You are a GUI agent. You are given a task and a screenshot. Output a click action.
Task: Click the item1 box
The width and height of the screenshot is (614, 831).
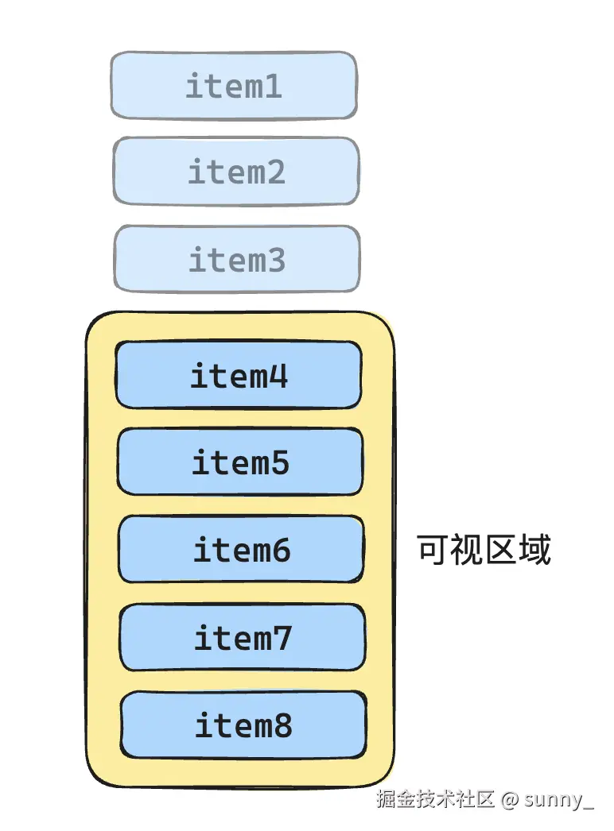pyautogui.click(x=233, y=86)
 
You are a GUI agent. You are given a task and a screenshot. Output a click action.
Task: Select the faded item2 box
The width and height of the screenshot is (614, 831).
pyautogui.click(x=235, y=172)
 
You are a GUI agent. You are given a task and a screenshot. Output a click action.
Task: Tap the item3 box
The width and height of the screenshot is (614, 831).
pyautogui.click(x=237, y=260)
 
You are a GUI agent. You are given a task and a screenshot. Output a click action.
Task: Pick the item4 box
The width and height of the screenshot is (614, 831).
pyautogui.click(x=239, y=375)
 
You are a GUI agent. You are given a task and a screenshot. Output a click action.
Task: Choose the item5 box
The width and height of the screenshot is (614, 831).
pyautogui.click(x=240, y=462)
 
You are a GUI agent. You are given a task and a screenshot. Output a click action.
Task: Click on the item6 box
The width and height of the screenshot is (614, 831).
pyautogui.click(x=241, y=550)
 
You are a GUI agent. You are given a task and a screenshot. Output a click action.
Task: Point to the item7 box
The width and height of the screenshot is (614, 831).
pyautogui.click(x=243, y=637)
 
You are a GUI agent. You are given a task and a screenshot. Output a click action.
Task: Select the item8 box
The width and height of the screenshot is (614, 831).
pyautogui.click(x=243, y=725)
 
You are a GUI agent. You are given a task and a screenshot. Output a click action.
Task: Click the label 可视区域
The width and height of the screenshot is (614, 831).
pyautogui.click(x=484, y=550)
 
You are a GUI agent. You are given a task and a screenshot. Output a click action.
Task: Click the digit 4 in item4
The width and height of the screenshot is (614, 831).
pyautogui.click(x=278, y=375)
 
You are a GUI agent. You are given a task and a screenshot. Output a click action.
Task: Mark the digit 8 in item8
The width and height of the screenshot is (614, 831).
pyautogui.click(x=282, y=725)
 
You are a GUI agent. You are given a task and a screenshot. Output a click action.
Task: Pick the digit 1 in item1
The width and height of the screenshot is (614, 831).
pyautogui.click(x=272, y=86)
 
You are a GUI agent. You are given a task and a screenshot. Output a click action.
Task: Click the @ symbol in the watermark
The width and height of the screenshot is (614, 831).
pyautogui.click(x=510, y=799)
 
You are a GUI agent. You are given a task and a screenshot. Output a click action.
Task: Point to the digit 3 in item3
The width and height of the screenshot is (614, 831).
pyautogui.click(x=275, y=260)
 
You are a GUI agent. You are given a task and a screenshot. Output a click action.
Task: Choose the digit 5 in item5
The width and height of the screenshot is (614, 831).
pyautogui.click(x=279, y=462)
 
